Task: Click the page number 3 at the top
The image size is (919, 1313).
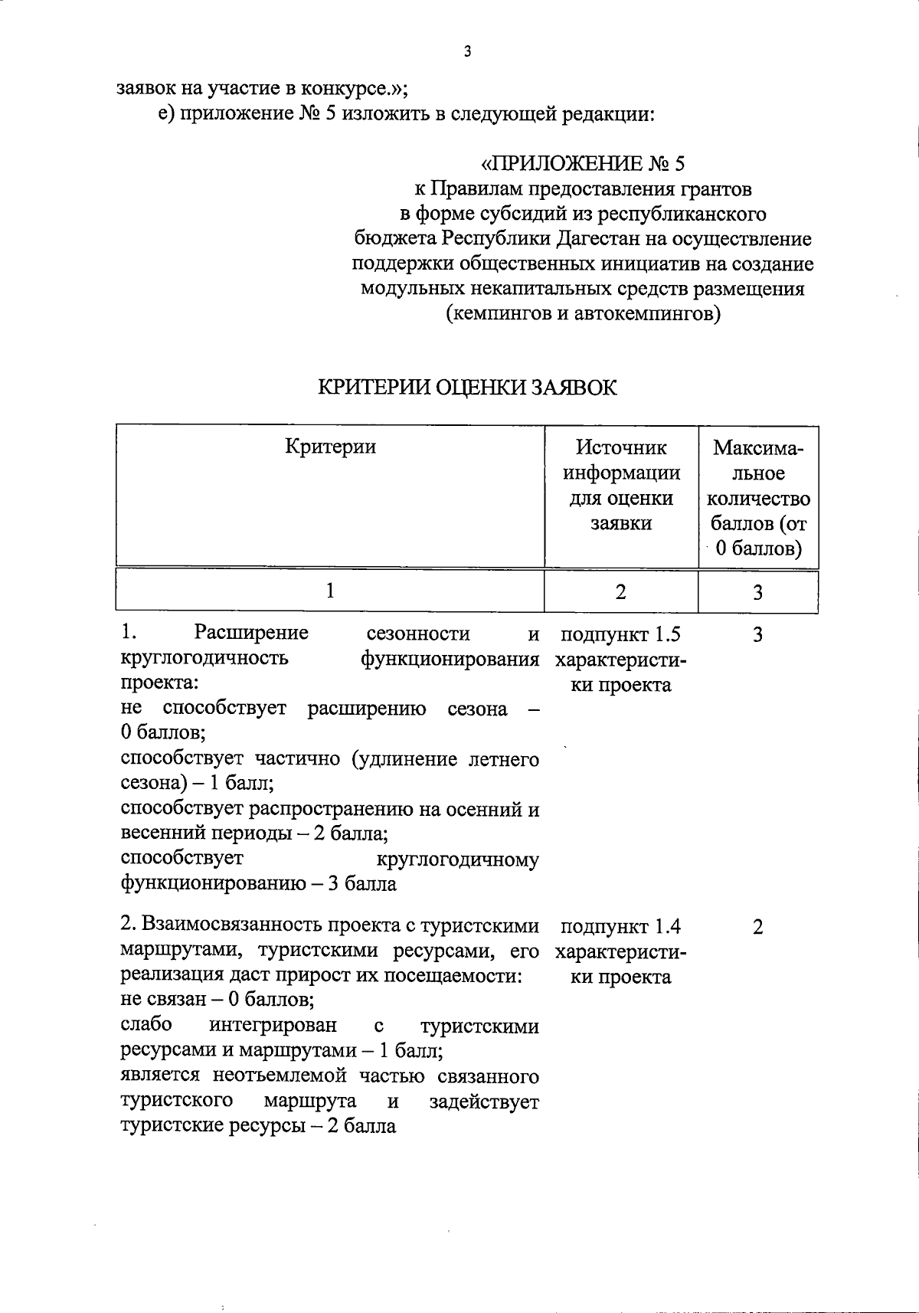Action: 467,52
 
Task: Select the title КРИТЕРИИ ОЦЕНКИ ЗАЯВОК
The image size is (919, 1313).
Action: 467,388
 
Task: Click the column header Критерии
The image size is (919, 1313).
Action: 330,447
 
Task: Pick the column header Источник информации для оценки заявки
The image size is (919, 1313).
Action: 621,485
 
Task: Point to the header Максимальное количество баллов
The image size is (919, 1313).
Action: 758,498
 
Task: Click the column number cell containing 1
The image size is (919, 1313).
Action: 330,591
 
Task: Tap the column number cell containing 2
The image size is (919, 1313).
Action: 620,591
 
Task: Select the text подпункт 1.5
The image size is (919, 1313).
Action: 620,634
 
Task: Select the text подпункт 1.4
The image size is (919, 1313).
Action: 620,927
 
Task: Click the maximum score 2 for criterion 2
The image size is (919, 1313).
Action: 757,927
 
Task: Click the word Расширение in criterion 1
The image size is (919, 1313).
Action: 251,634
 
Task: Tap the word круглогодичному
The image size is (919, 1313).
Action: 459,860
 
